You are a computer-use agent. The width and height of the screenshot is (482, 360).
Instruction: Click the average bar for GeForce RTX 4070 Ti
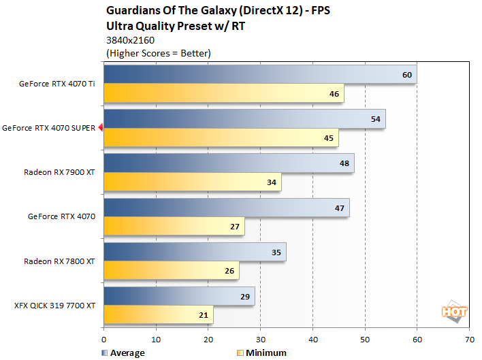[259, 75]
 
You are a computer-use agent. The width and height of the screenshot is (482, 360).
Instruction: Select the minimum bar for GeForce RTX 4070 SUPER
[221, 138]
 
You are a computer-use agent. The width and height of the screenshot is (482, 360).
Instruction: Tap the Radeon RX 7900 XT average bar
[228, 163]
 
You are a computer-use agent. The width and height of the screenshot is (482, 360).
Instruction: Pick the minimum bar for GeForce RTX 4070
[174, 227]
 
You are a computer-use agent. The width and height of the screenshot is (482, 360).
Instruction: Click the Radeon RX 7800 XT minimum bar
[171, 271]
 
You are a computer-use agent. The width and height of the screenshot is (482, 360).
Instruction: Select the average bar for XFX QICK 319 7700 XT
[179, 296]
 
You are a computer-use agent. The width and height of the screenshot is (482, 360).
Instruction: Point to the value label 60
[407, 75]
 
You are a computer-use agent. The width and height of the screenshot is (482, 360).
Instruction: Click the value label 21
[204, 315]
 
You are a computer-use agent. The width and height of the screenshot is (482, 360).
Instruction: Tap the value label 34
[272, 182]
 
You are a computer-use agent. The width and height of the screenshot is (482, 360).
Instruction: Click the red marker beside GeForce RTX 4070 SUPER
[100, 127]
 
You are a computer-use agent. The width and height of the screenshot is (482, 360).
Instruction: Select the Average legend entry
[122, 353]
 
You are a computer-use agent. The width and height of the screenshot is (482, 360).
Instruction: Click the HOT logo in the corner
[454, 312]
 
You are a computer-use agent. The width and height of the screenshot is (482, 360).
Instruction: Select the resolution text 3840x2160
[129, 40]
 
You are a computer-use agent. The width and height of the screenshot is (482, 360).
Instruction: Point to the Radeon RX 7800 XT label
[59, 261]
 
